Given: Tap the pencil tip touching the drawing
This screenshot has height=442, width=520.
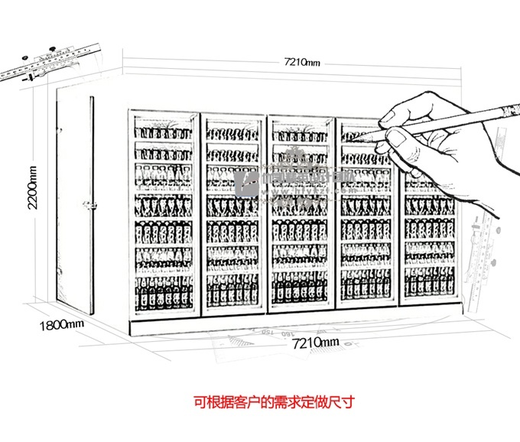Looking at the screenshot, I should tap(366, 135).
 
